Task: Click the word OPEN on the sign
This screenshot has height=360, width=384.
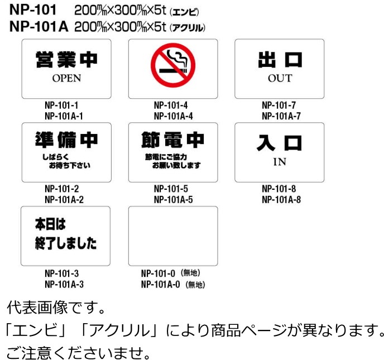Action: coord(66,79)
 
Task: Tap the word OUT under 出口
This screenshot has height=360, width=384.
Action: coord(279,78)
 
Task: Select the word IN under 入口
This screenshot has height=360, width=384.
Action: coord(279,162)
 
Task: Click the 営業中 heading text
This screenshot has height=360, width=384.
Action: coord(66,59)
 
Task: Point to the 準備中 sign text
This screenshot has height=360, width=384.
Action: coord(66,140)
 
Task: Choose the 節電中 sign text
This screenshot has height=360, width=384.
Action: coord(172,140)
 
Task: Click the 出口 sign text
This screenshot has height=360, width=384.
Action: coord(280,59)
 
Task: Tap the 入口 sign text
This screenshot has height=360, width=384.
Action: coord(280,143)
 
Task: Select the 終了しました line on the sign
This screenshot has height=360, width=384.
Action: coord(66,244)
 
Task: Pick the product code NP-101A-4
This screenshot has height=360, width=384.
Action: coord(173,116)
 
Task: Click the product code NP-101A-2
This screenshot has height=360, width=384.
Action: coord(64,199)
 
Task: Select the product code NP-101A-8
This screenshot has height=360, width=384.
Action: coord(281,199)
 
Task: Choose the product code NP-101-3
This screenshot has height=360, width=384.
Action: coord(61,273)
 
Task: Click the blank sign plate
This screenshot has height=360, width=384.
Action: coord(172,235)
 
